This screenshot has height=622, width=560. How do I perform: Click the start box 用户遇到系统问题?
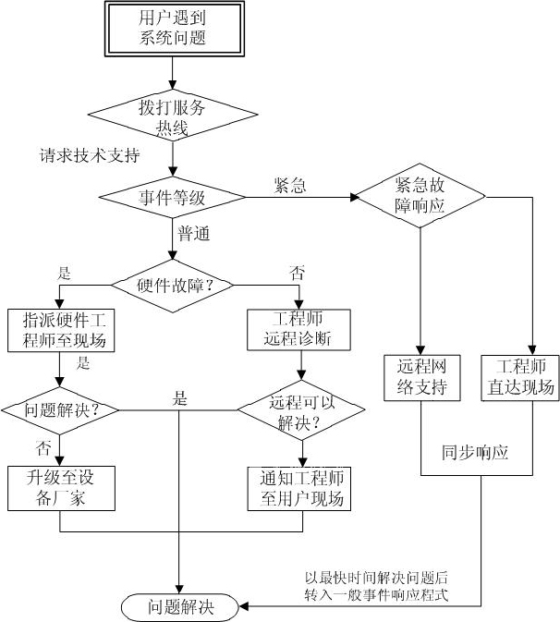click(x=172, y=28)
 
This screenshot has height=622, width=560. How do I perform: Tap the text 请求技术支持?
click(x=90, y=154)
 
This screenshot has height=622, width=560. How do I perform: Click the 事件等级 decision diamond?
click(x=172, y=197)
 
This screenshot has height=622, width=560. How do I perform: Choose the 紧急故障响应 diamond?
click(x=420, y=196)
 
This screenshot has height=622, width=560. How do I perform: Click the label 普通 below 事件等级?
click(x=194, y=234)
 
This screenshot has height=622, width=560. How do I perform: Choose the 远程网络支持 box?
click(x=420, y=376)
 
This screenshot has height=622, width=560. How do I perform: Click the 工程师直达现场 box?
click(x=519, y=376)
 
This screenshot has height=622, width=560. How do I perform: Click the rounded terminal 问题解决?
click(x=180, y=607)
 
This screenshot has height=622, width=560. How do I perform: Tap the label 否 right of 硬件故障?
click(x=297, y=274)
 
